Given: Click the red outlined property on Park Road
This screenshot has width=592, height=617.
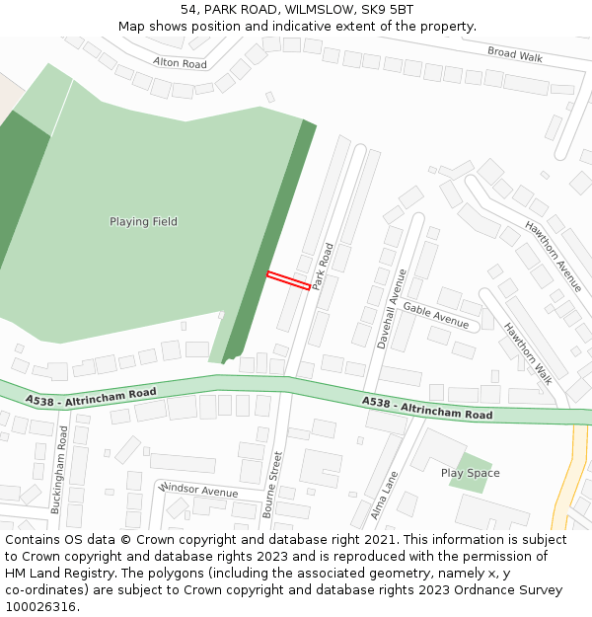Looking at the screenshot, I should [x=288, y=280].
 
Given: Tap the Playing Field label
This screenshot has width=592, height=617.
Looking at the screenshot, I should [x=143, y=222].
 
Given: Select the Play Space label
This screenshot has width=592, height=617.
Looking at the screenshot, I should [x=470, y=473].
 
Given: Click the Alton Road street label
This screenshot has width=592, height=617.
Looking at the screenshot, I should [x=180, y=63].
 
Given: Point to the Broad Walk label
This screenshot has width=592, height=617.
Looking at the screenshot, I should [x=515, y=54].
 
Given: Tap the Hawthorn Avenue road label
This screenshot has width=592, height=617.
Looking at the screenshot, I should [x=554, y=250].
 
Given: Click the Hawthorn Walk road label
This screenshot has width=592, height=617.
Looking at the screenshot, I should [x=528, y=352].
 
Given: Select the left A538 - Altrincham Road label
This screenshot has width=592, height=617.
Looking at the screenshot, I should [x=92, y=396].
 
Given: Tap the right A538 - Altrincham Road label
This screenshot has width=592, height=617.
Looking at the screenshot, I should [x=427, y=408].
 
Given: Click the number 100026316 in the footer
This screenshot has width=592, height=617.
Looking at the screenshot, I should [x=39, y=606].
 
